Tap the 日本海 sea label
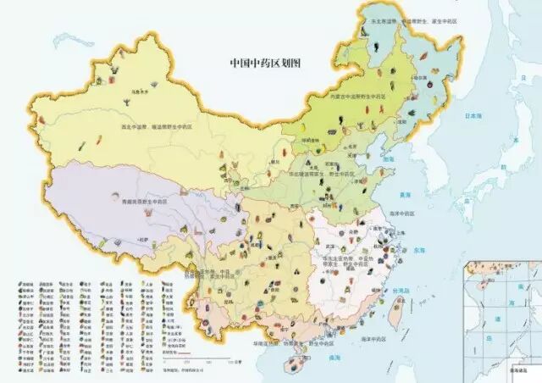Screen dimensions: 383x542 [x=466, y=119]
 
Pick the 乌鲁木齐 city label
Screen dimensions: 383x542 [x=129, y=91]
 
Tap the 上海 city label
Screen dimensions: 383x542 [x=395, y=236]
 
